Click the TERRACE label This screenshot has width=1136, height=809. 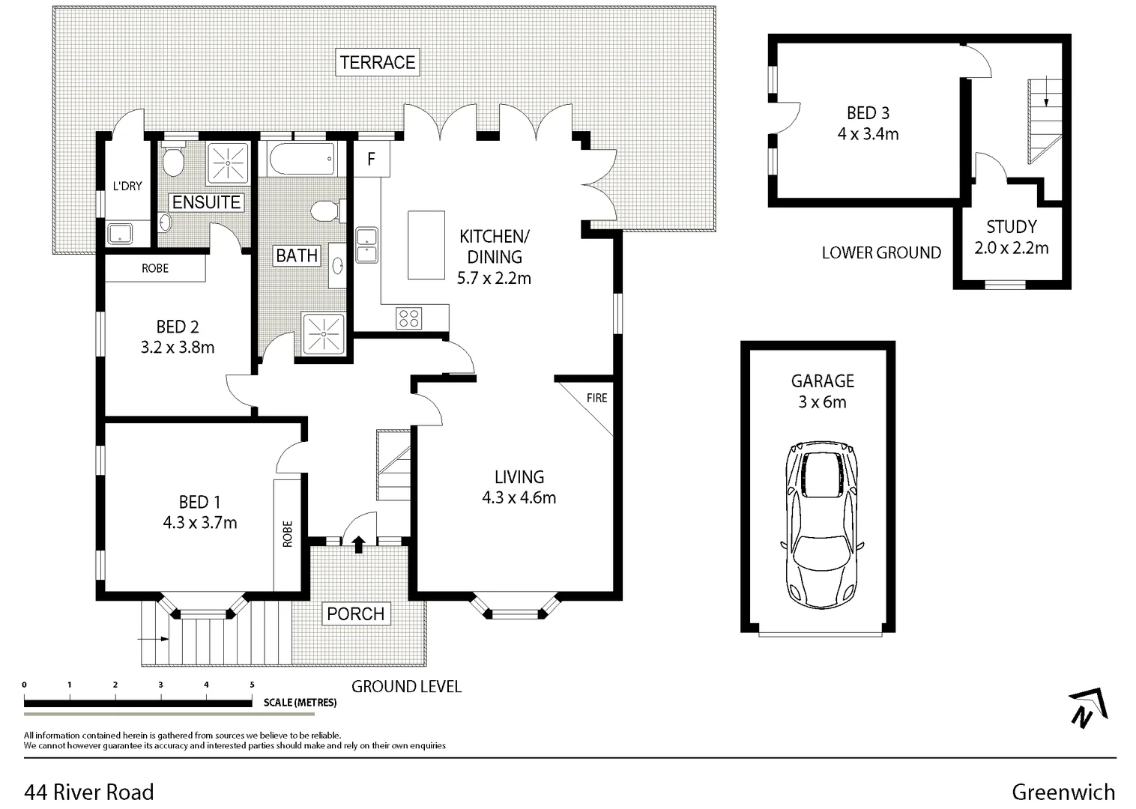coord(377,62)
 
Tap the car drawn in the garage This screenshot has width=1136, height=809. coord(822,524)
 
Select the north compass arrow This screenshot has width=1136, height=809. coord(1088,708)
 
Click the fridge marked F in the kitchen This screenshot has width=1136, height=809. coord(371,159)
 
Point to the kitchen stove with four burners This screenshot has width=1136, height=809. coord(409,318)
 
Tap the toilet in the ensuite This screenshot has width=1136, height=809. coord(174,160)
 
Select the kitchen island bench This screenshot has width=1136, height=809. coord(426,245)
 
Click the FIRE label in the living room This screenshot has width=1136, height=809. coord(596,398)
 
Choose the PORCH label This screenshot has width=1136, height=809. coord(355,613)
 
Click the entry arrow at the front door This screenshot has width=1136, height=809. coord(358,544)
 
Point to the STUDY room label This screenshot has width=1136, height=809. coord(1011,227)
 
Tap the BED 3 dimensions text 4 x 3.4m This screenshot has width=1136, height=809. coord(868,134)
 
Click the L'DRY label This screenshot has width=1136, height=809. coord(127,186)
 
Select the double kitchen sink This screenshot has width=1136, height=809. coord(366,245)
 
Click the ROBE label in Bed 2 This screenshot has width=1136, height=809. coord(155,268)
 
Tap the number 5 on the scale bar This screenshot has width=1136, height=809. coord(252,685)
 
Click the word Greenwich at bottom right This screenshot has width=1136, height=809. coord(1063,792)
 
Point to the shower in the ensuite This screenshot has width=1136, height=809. coord(226,161)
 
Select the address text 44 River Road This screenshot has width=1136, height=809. coord(89,792)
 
